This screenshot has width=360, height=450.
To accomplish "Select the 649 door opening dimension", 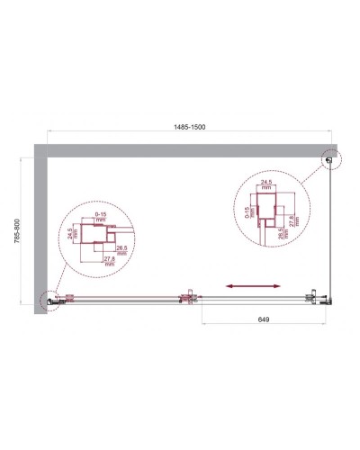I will click(x=258, y=318).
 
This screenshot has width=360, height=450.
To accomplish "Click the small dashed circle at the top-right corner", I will click(x=330, y=160).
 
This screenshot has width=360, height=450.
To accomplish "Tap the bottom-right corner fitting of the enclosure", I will click(x=317, y=299).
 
